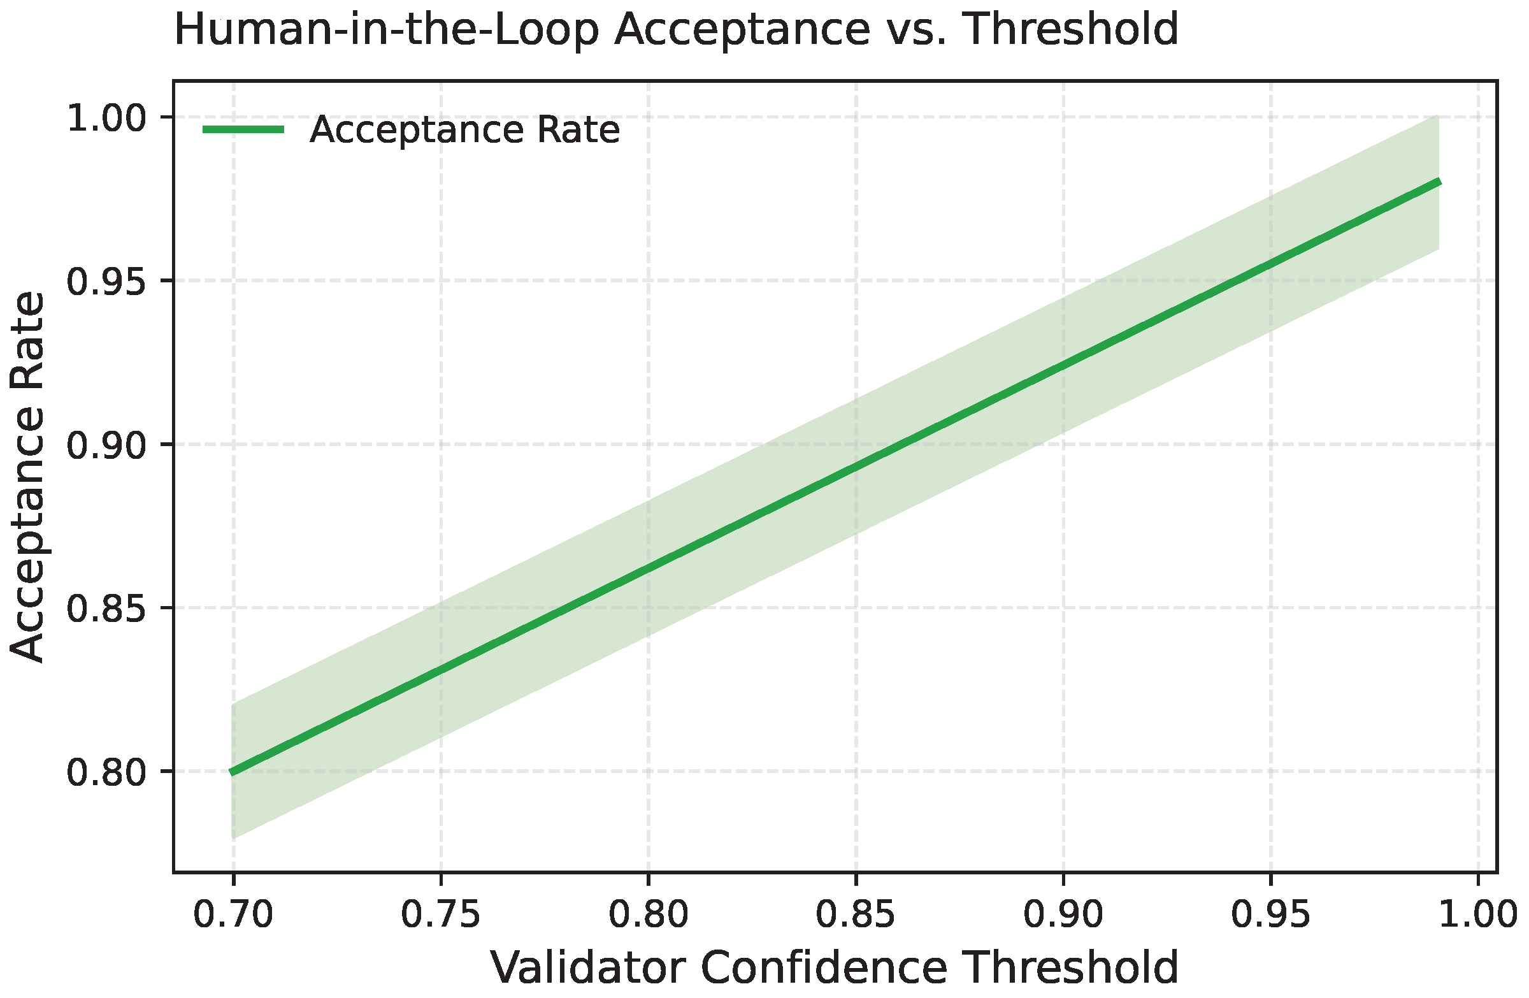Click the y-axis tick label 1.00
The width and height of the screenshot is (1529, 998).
106,119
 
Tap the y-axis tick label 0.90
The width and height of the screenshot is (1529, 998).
106,445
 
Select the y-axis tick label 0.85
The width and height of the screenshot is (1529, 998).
106,609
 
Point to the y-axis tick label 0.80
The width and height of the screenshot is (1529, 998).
106,772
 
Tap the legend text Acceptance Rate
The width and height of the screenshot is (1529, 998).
464,130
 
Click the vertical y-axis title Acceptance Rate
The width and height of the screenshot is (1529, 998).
27,477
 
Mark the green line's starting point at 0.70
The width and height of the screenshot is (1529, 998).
233,772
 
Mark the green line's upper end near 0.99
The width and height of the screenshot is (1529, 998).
1438,182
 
